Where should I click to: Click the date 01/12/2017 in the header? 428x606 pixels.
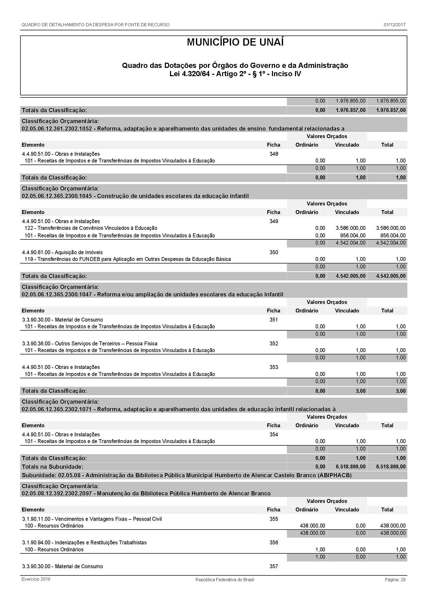(x=395, y=25)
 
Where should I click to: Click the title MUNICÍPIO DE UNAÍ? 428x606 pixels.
(x=235, y=42)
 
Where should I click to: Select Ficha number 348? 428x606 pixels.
(x=274, y=154)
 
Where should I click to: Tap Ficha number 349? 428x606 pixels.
(x=274, y=221)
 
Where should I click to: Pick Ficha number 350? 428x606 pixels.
(x=274, y=252)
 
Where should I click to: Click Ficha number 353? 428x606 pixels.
(x=274, y=367)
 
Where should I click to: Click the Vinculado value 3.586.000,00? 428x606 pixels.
(x=351, y=228)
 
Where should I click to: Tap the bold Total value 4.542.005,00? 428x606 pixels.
(x=391, y=276)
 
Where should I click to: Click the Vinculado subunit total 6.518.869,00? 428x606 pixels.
(x=351, y=467)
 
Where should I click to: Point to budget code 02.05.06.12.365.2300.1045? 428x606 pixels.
(x=57, y=196)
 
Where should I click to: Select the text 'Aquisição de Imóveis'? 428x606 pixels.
(x=79, y=252)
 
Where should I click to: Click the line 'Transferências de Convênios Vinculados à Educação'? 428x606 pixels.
(x=97, y=228)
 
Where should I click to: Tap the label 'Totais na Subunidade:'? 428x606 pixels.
(x=52, y=467)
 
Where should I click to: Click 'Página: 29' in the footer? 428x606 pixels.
(x=395, y=580)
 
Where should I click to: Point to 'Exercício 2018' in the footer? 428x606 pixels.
(x=36, y=579)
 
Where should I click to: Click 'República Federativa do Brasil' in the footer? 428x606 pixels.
(x=225, y=580)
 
